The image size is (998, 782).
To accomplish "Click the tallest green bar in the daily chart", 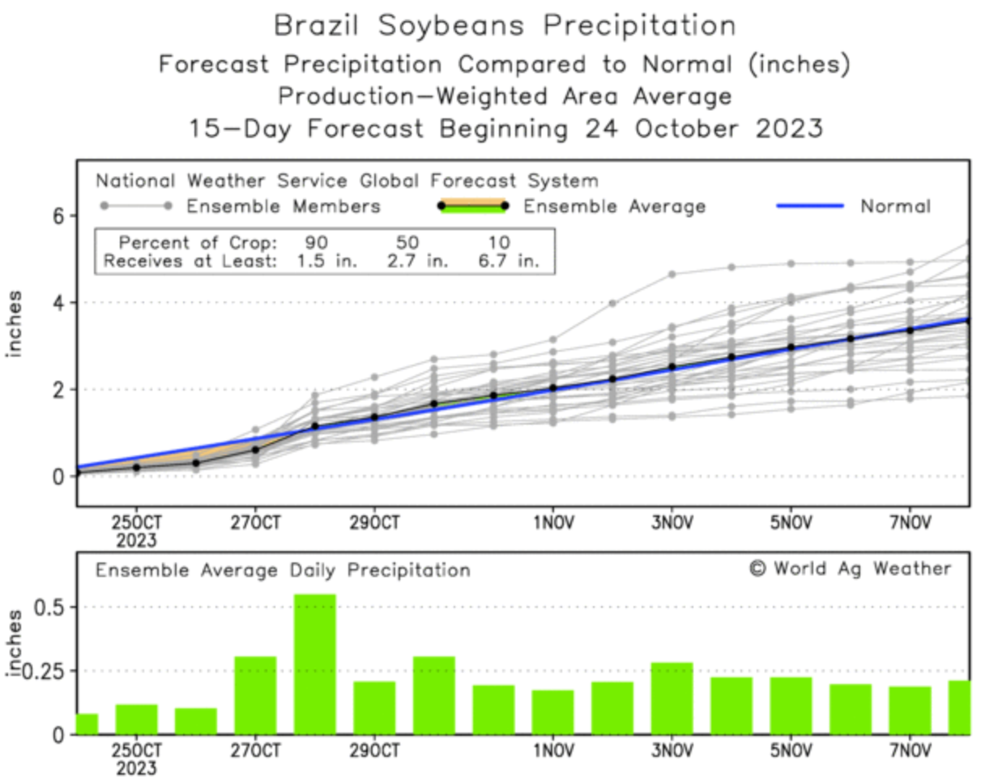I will (x=314, y=664).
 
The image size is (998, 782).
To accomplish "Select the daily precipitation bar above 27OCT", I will (x=255, y=694).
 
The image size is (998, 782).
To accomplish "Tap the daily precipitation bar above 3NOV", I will (x=672, y=698).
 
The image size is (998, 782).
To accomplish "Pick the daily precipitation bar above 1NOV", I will (x=552, y=711).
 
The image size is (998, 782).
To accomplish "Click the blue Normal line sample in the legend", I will (x=810, y=206).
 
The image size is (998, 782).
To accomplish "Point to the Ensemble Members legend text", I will (x=284, y=207).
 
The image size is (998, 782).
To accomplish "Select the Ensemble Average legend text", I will (x=614, y=207).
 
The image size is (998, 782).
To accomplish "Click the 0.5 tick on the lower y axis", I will (x=56, y=607).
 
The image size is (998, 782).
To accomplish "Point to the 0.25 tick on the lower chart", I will (x=51, y=671).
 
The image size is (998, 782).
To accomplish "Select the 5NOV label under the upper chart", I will (x=791, y=521).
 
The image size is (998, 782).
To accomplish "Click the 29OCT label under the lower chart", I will (x=374, y=750).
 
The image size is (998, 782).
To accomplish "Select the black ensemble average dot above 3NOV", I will (x=672, y=367).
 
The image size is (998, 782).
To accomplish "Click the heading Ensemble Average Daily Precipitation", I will (x=283, y=570).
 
